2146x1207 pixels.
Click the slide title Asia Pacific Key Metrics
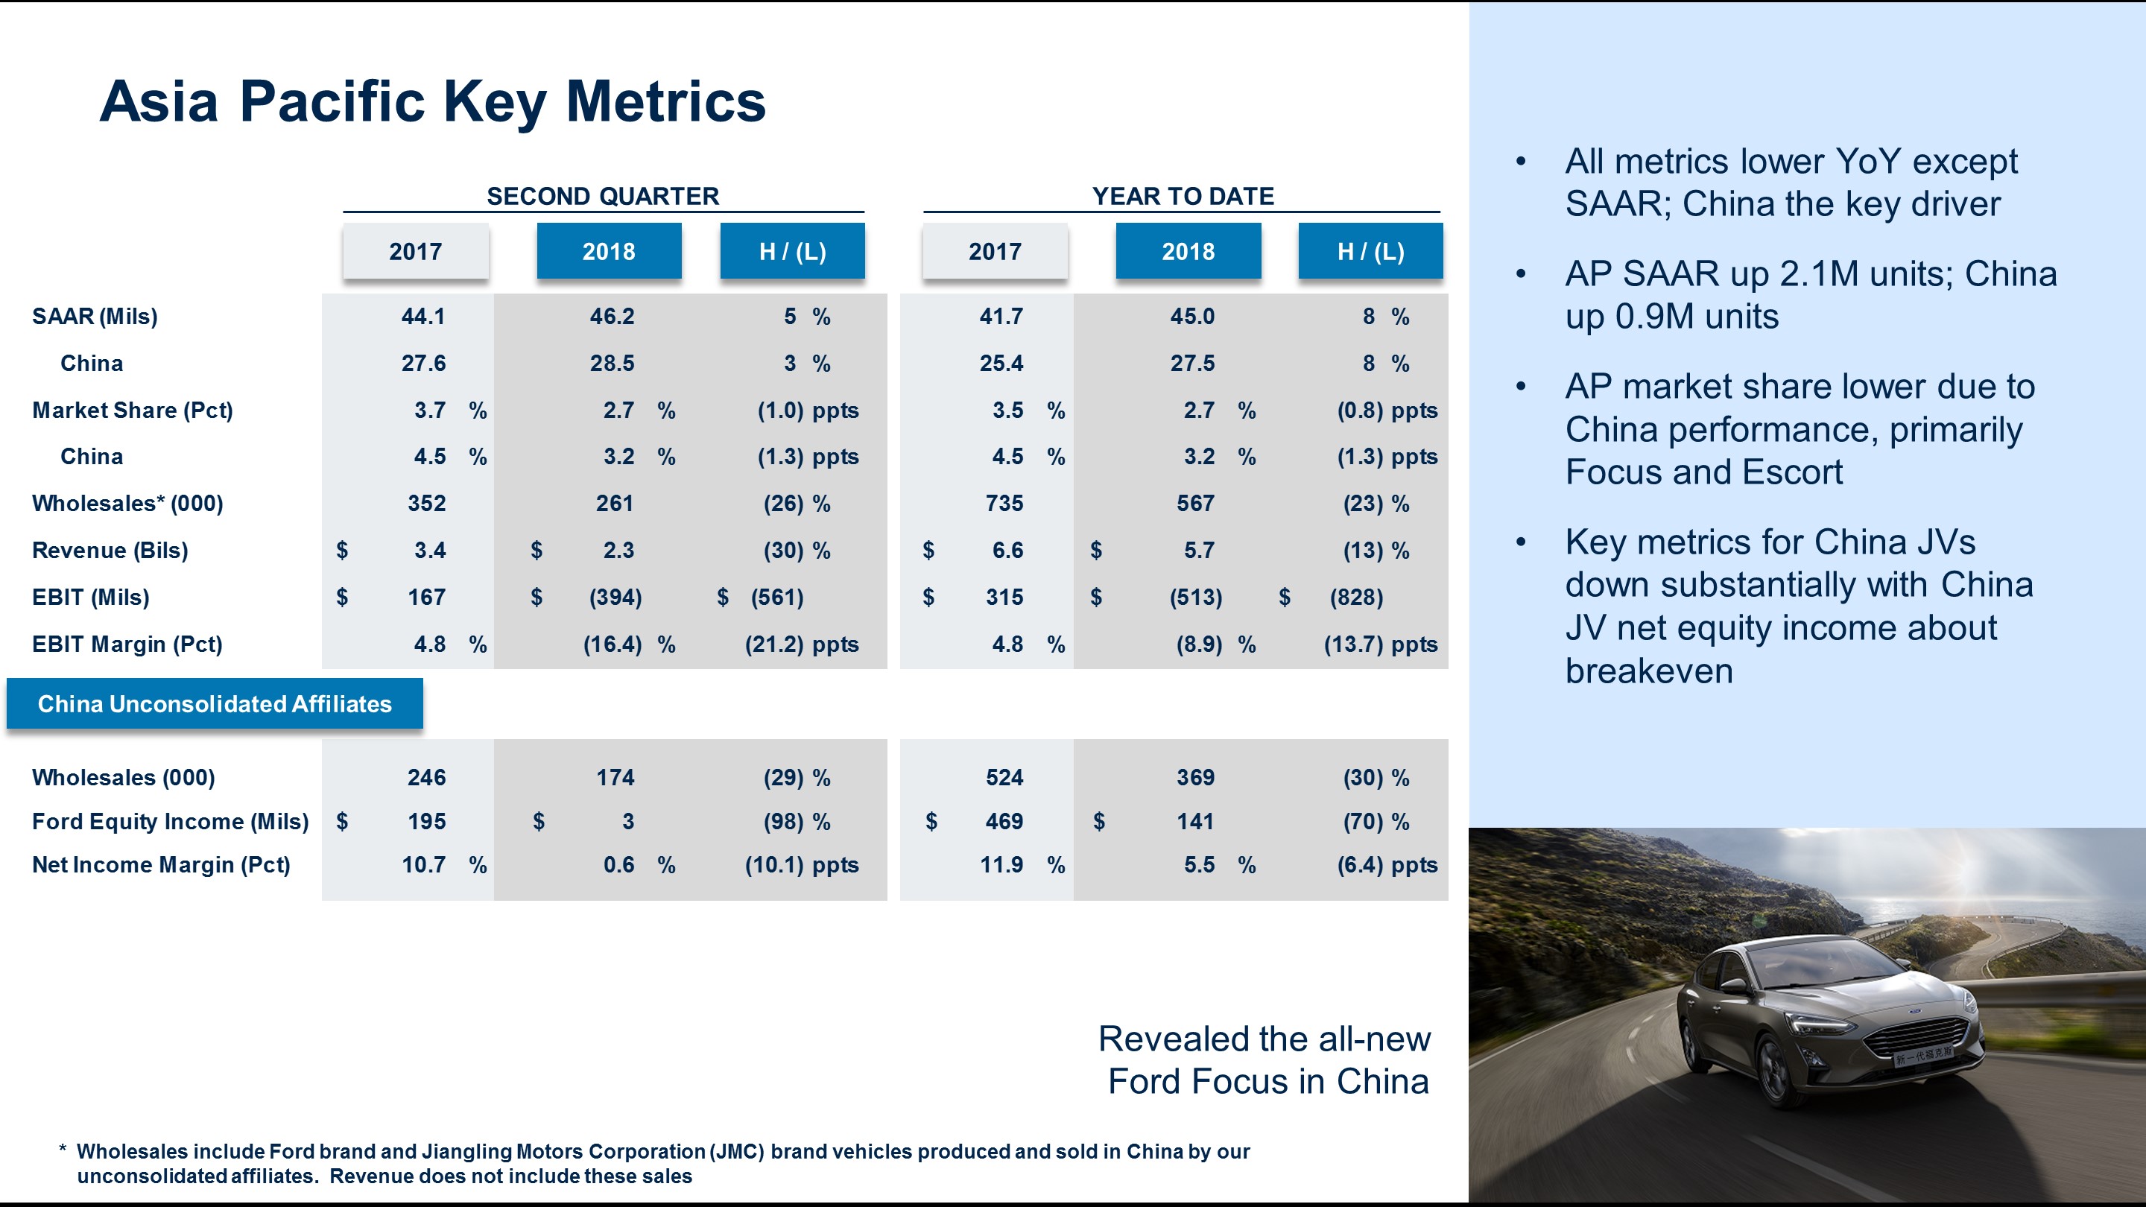coord(431,101)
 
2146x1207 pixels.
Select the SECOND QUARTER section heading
coord(602,197)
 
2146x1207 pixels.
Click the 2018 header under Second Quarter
coord(608,252)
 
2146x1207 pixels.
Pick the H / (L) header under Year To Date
coord(1370,252)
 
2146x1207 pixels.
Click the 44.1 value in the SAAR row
coord(423,317)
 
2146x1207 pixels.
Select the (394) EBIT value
coord(615,598)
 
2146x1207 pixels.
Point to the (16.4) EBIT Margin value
coord(613,644)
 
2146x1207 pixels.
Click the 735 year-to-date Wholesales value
coord(1004,503)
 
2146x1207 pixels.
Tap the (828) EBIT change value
coord(1355,598)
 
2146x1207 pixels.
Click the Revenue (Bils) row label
coord(110,551)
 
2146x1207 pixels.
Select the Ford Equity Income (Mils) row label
coord(170,821)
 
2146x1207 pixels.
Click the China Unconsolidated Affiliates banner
coord(214,705)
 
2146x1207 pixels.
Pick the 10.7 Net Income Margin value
coord(423,864)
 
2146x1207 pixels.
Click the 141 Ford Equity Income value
coord(1194,821)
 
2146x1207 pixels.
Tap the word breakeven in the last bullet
coord(1649,671)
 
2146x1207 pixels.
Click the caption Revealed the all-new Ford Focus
coord(1264,1059)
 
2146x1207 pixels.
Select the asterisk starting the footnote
coord(63,1151)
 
